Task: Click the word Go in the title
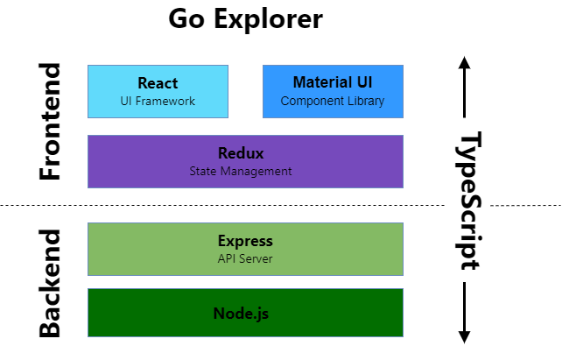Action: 186,18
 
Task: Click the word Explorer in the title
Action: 269,20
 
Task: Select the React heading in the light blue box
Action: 158,83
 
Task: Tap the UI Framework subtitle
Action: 158,101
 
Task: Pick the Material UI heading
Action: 333,82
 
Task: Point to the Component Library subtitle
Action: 333,101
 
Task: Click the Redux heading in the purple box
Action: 241,153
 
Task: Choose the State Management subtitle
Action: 241,172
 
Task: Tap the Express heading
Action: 245,241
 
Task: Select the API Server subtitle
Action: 245,258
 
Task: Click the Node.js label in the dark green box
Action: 241,314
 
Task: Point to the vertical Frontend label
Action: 50,121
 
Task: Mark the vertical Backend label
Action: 50,283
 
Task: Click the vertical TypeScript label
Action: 469,201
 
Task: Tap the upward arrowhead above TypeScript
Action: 465,63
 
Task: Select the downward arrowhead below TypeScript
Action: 465,337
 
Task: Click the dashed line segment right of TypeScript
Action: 526,206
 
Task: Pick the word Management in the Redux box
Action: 256,172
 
